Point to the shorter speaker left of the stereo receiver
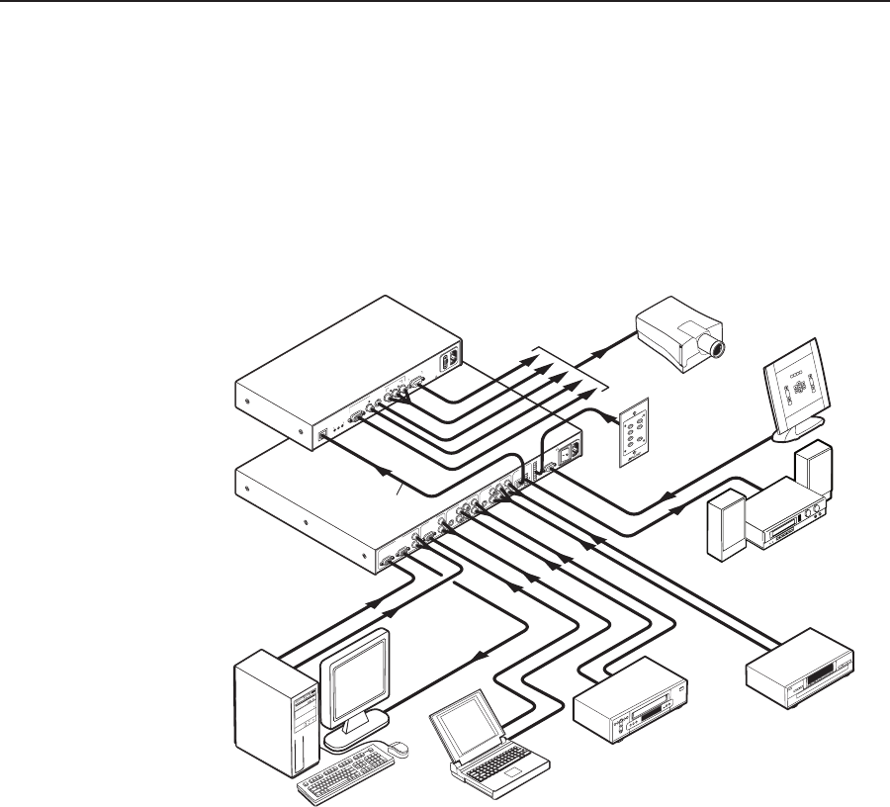tap(724, 519)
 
